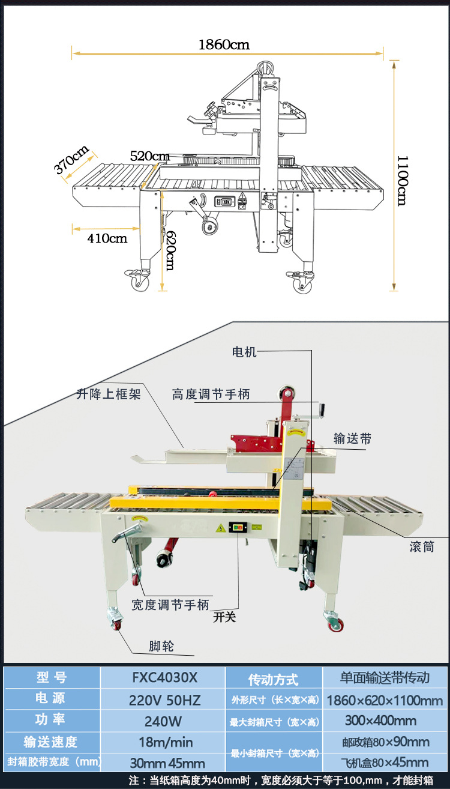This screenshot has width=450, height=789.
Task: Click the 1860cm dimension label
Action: coord(224,44)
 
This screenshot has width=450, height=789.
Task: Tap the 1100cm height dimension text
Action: coord(402,180)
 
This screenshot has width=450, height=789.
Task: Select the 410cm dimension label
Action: coord(107,238)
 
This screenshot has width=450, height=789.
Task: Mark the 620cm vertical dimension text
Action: coord(170,250)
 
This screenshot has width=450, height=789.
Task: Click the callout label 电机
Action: coord(244,352)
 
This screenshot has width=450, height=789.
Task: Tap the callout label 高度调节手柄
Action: coord(211,394)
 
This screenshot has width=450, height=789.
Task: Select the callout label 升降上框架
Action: coord(109,394)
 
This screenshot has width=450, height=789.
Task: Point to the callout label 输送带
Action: coord(352,439)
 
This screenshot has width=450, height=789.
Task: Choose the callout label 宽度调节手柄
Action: coord(170,605)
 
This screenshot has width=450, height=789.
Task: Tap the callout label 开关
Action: coord(224,617)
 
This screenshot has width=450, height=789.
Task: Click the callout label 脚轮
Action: coord(161,646)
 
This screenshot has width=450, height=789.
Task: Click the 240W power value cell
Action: coord(163,721)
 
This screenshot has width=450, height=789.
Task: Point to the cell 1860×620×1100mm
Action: coord(385,700)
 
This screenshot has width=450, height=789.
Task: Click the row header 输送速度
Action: coord(50,742)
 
